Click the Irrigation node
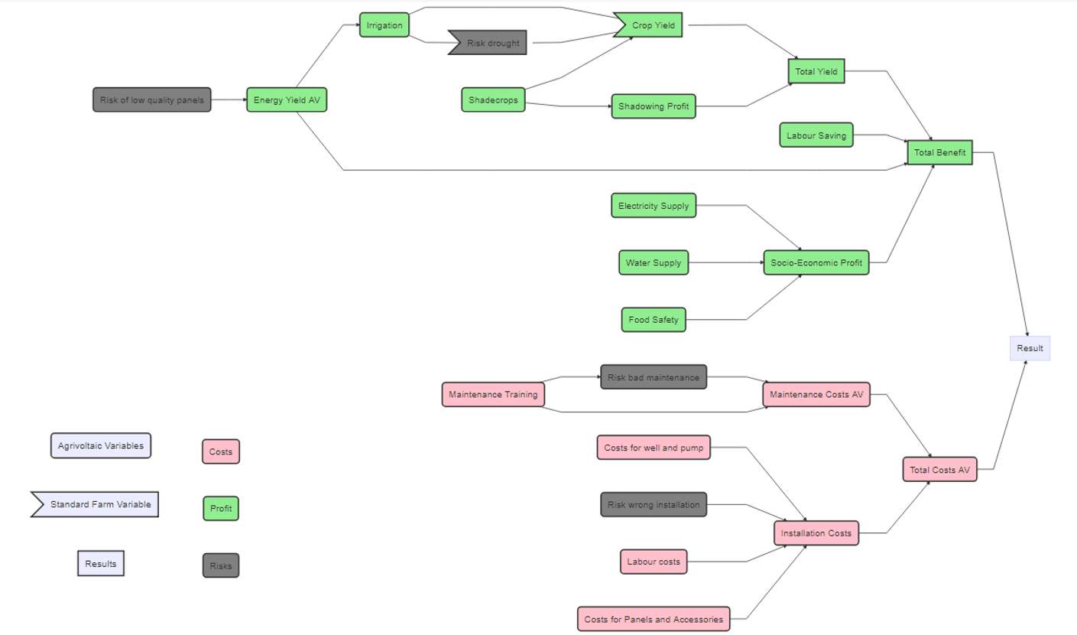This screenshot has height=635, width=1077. coord(384,25)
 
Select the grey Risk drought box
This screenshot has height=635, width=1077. coord(490,44)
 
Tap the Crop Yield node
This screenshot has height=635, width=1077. coord(651,25)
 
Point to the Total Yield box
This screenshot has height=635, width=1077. coord(816,71)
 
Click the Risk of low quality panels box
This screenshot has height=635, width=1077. coord(152,99)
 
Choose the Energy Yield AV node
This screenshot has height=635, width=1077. coord(287,99)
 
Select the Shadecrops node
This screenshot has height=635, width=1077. coord(493,99)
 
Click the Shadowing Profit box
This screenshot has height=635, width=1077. coord(654,106)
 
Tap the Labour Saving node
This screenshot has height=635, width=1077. coord(816,135)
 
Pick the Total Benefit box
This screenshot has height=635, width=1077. coord(939,152)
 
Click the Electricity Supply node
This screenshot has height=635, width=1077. coord(654,206)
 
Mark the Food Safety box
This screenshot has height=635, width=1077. coord(654,320)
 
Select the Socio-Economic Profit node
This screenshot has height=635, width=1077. coord(816,262)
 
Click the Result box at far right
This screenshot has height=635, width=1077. coord(1030,348)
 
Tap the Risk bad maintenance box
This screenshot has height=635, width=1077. coord(654,377)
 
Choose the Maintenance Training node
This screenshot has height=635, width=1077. coord(493,395)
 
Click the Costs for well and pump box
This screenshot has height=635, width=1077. coord(654,448)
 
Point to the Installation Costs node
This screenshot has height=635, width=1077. coord(816,532)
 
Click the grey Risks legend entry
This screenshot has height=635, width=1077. coord(221,566)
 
